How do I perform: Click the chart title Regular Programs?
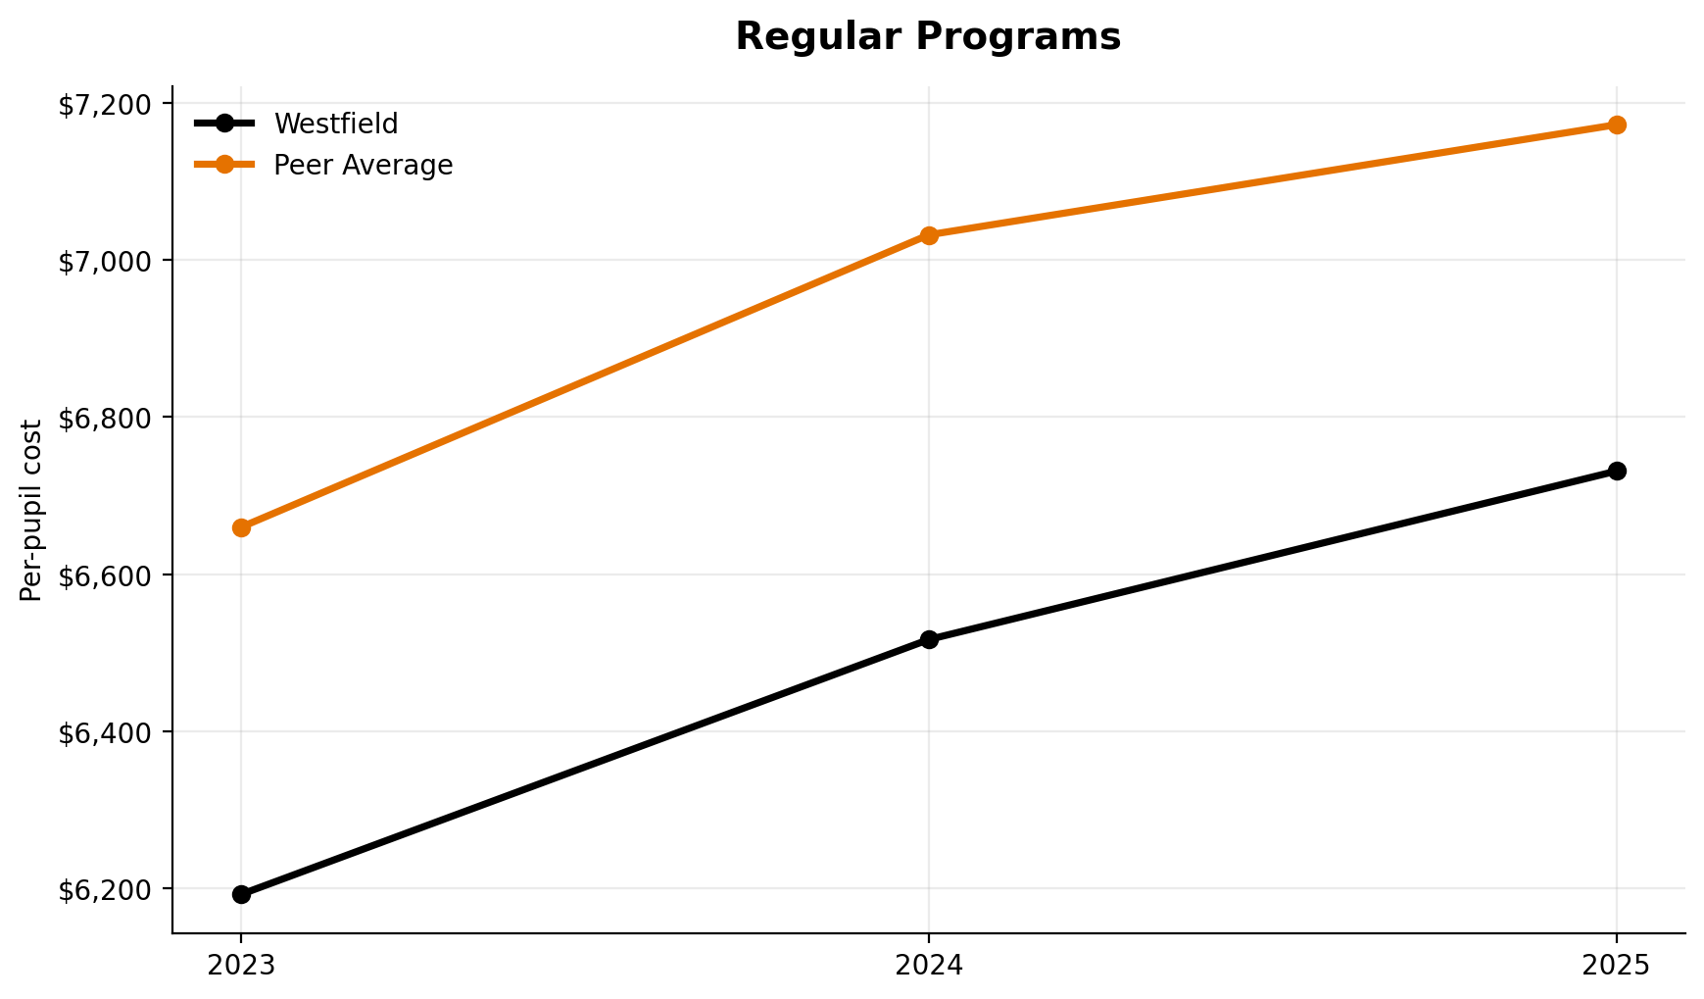pos(927,37)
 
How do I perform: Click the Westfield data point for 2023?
pos(241,894)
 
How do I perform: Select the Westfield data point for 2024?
pos(929,639)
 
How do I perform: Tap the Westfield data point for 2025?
pos(1617,471)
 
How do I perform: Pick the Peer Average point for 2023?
pos(241,527)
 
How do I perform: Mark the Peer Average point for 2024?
pos(929,235)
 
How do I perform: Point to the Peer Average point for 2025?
pos(1617,125)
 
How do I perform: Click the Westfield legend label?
pos(335,125)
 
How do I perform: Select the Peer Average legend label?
pos(363,166)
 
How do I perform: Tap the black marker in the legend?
pos(224,124)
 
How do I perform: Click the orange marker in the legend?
pos(224,165)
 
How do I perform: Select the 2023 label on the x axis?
pos(241,966)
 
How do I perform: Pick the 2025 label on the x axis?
pos(1617,966)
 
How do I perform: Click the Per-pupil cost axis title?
pos(31,510)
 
